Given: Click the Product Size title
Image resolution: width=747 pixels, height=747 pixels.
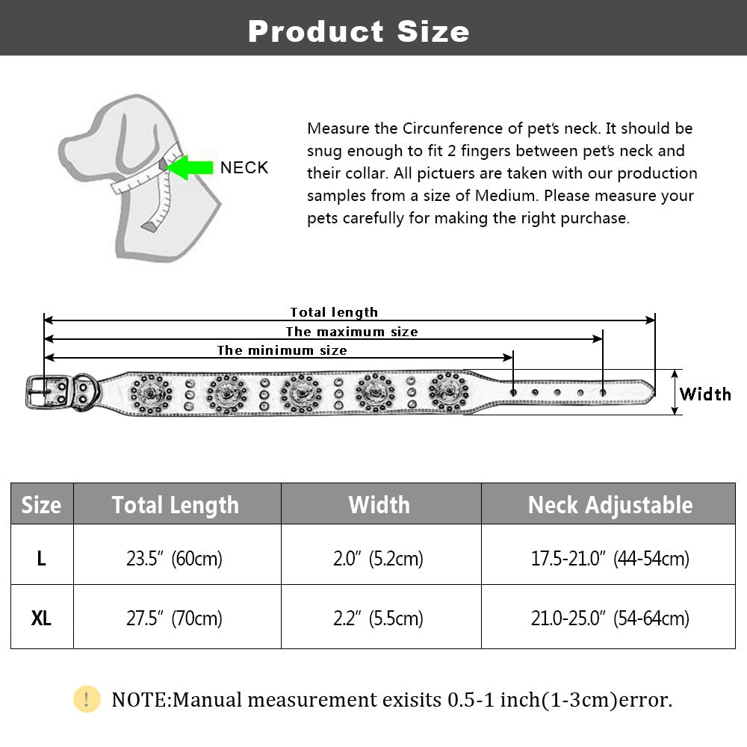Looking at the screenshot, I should pos(359,31).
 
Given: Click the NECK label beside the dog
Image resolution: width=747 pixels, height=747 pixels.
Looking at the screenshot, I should pos(244,167).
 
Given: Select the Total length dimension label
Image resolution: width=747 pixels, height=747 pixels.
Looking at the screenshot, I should pos(334,312).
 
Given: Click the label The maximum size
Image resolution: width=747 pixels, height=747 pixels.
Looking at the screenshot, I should pos(352,332).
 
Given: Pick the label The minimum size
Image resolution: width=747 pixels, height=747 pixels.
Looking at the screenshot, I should pos(282,350).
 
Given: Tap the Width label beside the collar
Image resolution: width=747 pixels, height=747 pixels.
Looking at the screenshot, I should pos(704,394).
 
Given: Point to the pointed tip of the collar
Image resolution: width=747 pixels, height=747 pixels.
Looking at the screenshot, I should pos(651,389).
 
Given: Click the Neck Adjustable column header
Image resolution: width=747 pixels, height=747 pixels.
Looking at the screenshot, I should pos(610,505).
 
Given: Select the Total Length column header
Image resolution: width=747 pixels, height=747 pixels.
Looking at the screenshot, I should pos(176,505).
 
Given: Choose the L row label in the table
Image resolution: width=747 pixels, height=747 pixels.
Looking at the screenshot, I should pos(41,558).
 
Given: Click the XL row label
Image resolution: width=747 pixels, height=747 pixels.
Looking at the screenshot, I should pos(41,619).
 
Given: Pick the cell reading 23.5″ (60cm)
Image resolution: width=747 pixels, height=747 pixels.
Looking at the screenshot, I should pos(176,558).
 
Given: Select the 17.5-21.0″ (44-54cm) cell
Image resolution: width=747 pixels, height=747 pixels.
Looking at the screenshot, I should pos(610,558).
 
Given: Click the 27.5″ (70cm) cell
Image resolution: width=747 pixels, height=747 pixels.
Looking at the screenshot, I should pos(176,619).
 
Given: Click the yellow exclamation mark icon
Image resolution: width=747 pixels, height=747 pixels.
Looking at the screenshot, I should pos(87,699).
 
